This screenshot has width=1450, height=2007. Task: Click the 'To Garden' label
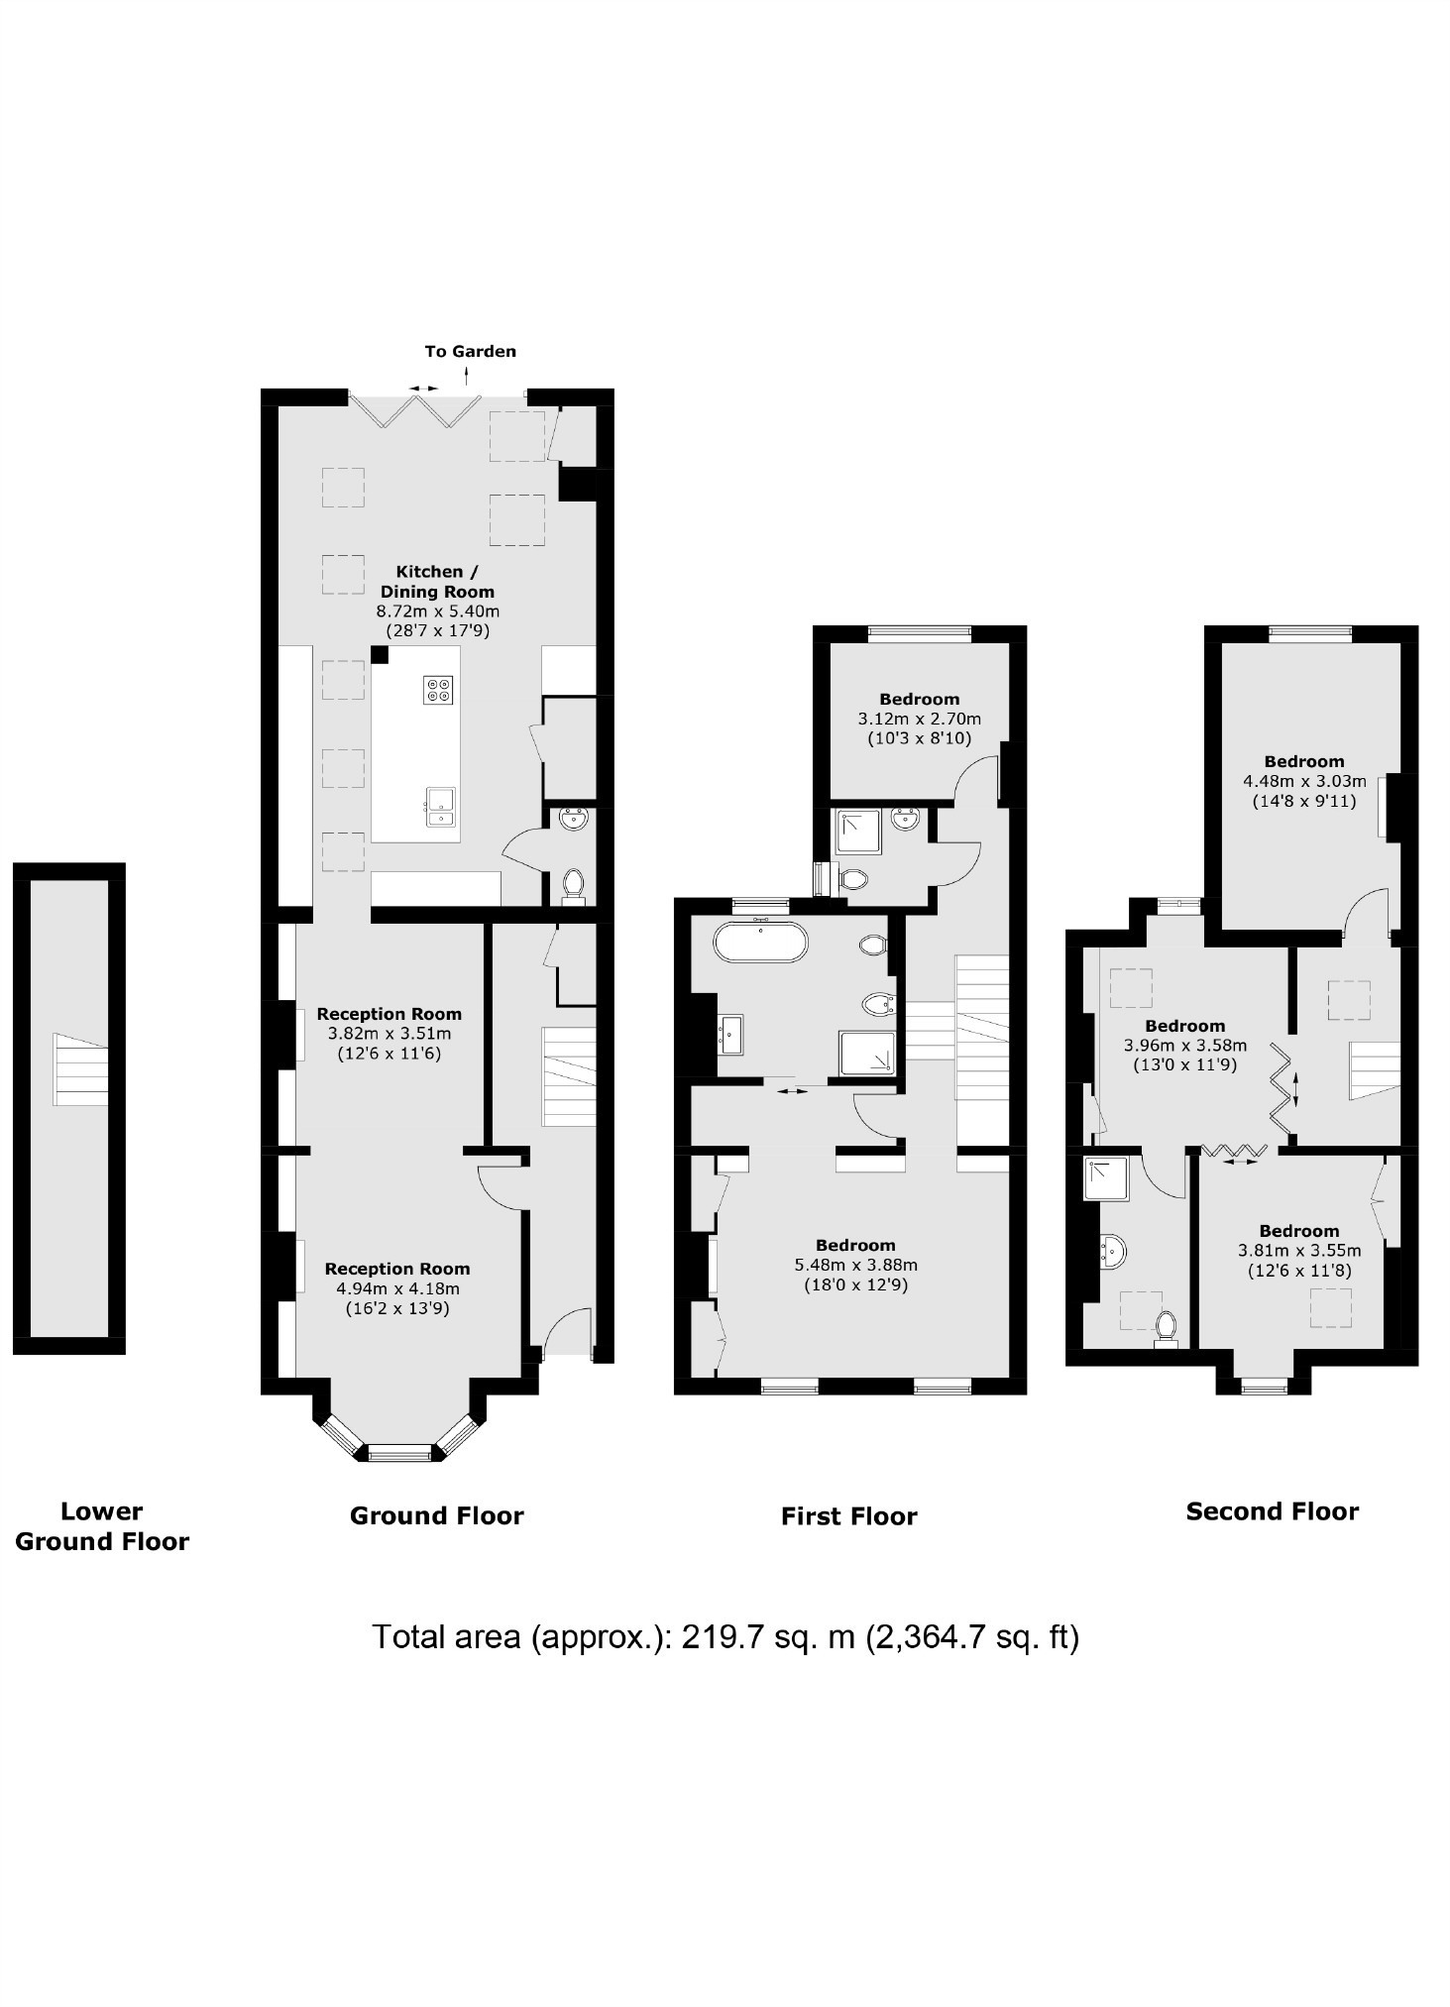[470, 351]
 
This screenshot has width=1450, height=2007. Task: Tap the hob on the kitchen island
[438, 690]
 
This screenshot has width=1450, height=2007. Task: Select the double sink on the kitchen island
[440, 806]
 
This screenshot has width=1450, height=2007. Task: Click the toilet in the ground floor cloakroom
[573, 883]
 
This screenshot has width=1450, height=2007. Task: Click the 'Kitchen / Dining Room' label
[437, 581]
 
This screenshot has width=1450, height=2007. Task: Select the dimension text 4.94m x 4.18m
[397, 1288]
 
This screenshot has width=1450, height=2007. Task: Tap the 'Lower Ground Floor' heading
[101, 1525]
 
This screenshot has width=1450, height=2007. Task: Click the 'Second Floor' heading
[1272, 1510]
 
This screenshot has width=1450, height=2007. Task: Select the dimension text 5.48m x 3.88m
[855, 1265]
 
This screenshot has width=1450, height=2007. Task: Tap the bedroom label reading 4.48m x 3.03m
[1303, 781]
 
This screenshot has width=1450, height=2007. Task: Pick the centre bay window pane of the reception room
[400, 1453]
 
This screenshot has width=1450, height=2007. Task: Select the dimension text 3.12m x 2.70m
[919, 719]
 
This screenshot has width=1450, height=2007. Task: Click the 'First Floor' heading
[848, 1515]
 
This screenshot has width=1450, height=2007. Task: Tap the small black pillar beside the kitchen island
[379, 654]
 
